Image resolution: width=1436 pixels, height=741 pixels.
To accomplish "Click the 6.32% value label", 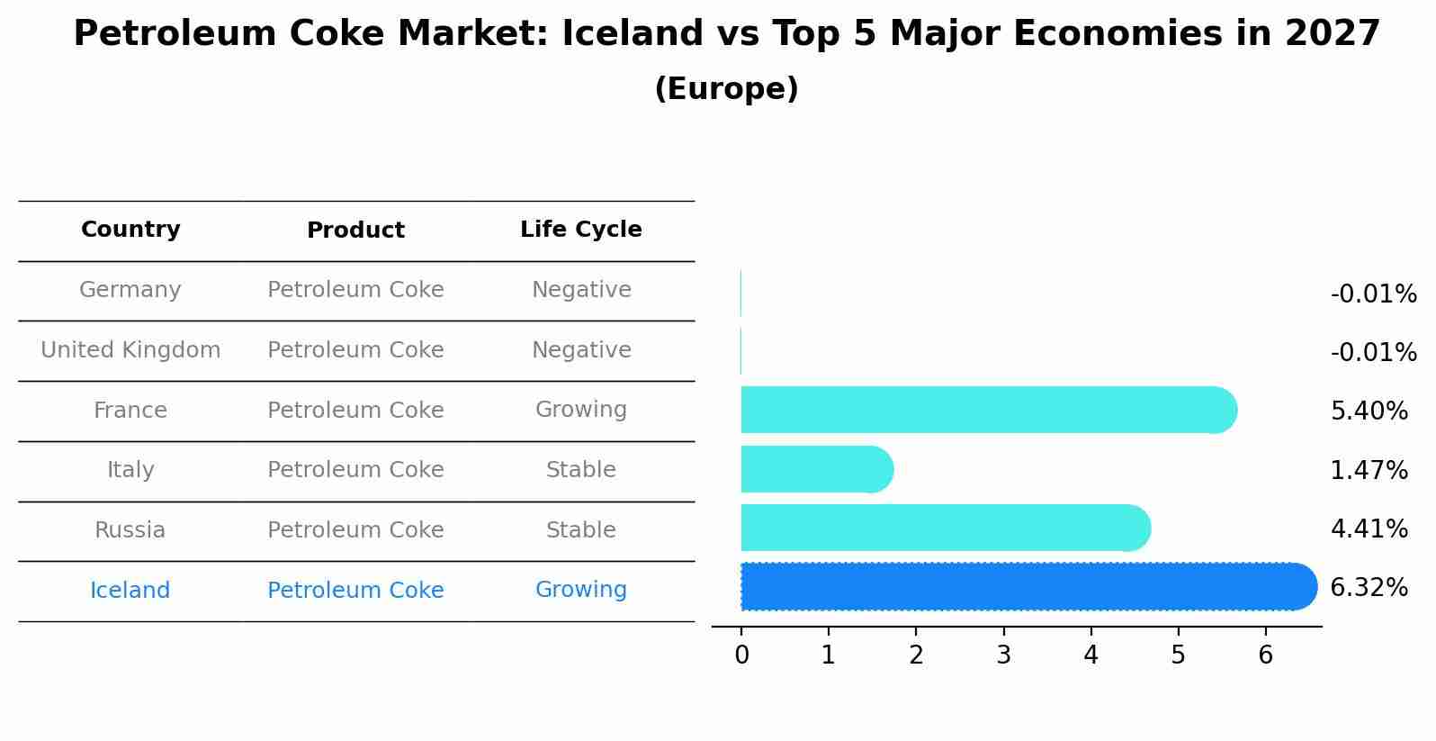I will [x=1369, y=588].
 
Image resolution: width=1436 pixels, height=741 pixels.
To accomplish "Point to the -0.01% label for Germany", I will [x=1373, y=294].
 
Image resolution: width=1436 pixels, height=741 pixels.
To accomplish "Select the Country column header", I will [x=130, y=230].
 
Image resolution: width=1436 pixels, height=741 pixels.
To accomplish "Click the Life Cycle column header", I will [x=581, y=230].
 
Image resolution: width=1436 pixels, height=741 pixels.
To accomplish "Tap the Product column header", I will [x=355, y=230].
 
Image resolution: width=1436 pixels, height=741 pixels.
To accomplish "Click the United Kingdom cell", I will [x=130, y=350].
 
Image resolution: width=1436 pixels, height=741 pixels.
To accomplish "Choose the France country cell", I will [x=130, y=411].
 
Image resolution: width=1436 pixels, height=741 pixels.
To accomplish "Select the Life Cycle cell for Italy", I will [x=581, y=470].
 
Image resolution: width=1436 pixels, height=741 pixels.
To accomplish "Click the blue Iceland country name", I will [x=130, y=591].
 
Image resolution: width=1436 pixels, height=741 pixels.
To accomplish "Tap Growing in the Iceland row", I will [x=581, y=590].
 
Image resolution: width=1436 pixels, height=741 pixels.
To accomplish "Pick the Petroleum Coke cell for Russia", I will [x=355, y=530].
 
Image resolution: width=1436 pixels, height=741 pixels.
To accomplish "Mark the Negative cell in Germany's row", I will [x=581, y=290].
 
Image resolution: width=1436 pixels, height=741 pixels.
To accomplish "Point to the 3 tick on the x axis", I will [x=1003, y=655].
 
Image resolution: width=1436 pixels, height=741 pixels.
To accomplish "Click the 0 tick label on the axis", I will [x=741, y=655].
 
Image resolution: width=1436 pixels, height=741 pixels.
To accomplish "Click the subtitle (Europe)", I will [x=726, y=89].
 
